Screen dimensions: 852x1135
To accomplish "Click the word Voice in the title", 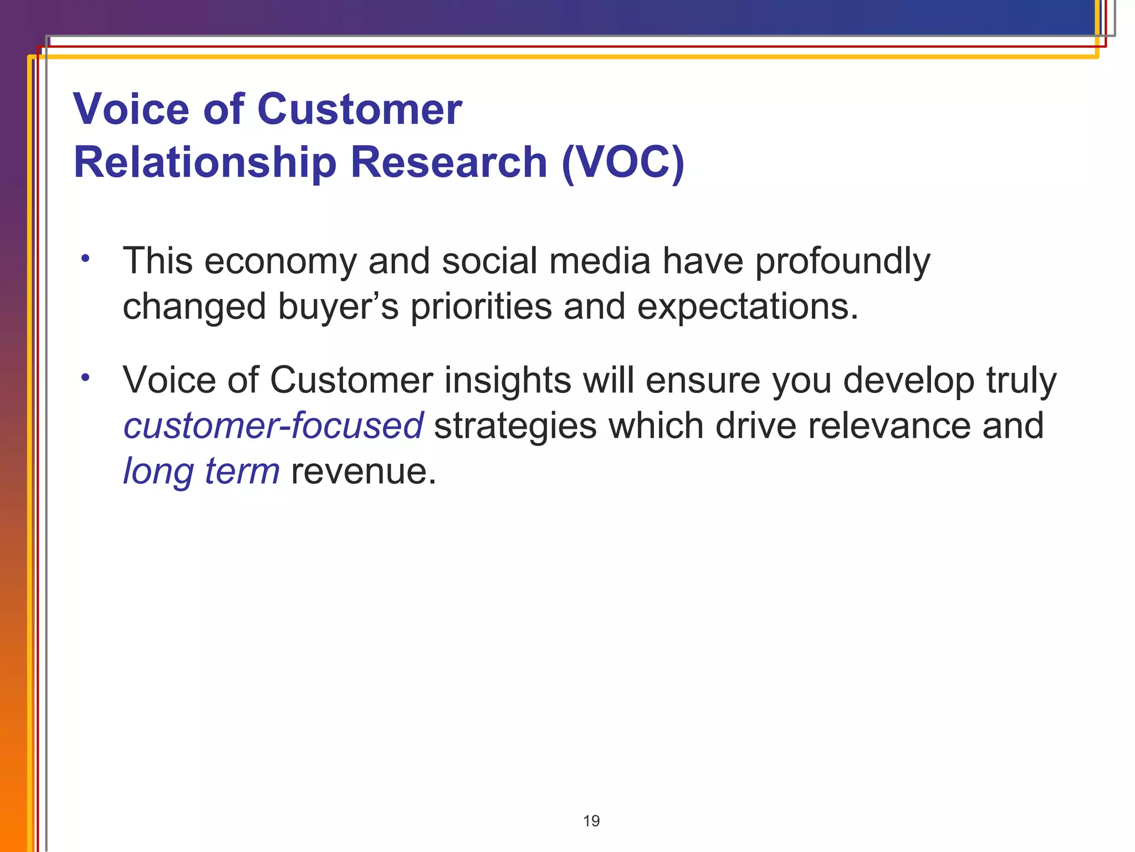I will click(131, 109).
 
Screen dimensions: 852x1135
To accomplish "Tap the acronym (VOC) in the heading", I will click(622, 163).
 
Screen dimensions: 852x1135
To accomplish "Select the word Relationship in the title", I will click(204, 163).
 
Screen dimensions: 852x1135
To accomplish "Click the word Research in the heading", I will click(449, 163).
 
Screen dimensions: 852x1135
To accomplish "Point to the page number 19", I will click(591, 821).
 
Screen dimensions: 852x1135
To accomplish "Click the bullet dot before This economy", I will click(85, 258).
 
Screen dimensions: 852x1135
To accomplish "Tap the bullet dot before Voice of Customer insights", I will click(85, 378).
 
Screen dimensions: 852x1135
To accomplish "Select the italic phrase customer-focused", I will click(273, 426).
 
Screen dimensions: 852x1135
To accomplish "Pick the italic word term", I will click(242, 471).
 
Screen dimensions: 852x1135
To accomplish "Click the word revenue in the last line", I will click(363, 472).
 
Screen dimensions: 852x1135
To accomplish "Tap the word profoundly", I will click(842, 261).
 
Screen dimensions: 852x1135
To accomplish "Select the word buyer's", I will click(338, 307).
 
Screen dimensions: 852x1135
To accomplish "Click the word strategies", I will click(515, 426).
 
